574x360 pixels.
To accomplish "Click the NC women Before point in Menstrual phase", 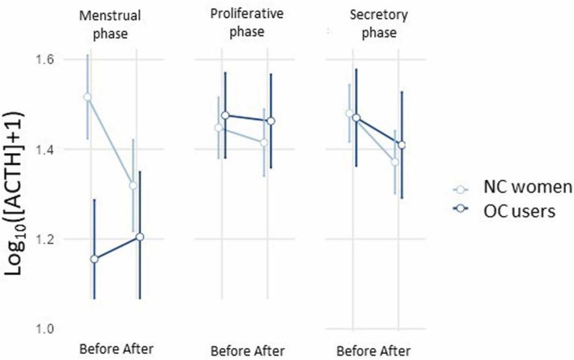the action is [x=87, y=97].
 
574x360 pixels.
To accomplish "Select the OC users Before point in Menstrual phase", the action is [x=94, y=259].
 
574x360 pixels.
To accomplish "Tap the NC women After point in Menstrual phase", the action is [x=133, y=185].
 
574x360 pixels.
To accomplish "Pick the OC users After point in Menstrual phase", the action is [x=140, y=237].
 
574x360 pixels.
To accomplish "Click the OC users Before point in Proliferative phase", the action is [x=226, y=116].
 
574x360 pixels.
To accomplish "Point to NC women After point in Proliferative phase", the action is [x=264, y=143].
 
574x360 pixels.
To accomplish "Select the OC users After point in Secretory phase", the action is [x=402, y=145].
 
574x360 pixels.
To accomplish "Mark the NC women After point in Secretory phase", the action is [x=395, y=162].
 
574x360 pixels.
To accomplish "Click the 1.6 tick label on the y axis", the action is [x=45, y=59].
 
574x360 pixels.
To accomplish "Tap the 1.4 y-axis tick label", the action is [x=45, y=149].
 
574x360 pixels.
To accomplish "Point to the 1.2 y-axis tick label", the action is [x=45, y=239].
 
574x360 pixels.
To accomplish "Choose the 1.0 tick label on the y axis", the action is [x=45, y=329].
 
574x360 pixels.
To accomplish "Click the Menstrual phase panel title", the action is [x=110, y=25].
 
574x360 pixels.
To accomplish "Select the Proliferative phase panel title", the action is [x=247, y=22].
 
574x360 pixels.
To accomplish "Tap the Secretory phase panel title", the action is [x=379, y=23].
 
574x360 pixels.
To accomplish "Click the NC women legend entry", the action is [x=513, y=187].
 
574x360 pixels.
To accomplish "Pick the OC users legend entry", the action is [x=504, y=211].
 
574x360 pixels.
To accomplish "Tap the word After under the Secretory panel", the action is [x=394, y=351].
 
